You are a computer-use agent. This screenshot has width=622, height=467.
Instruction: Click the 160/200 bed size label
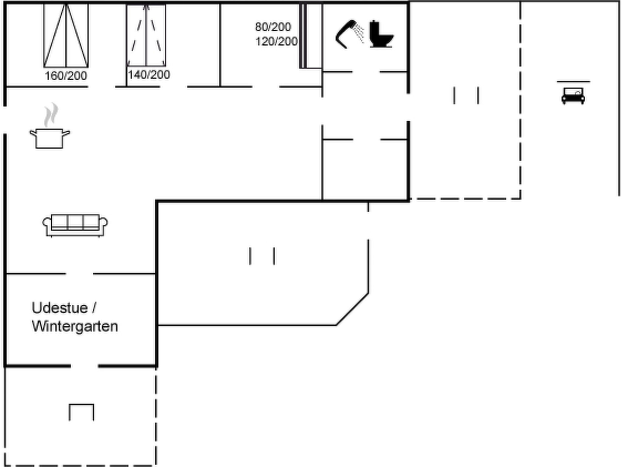[x=66, y=76]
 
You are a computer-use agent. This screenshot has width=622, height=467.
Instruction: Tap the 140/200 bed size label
[x=149, y=74]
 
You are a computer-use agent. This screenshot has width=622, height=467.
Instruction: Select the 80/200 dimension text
[x=273, y=27]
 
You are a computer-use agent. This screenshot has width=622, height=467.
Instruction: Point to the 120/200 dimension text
[x=276, y=41]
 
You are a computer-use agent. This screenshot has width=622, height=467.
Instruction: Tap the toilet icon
[x=381, y=34]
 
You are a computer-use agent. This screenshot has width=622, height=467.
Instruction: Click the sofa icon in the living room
[x=75, y=225]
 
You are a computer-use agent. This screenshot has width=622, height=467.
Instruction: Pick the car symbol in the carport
[x=573, y=96]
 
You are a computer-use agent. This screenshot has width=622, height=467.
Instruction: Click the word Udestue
[x=60, y=308]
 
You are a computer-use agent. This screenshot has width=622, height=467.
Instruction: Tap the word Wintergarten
[x=75, y=327]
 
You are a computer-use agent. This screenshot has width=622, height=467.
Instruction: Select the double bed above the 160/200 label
[x=66, y=36]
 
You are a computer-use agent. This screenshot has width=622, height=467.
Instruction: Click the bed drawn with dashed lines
[x=146, y=35]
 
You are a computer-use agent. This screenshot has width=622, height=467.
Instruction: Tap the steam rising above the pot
[x=51, y=115]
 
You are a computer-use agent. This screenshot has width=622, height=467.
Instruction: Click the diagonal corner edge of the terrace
[x=352, y=309]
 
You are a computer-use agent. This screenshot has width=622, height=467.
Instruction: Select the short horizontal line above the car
[x=573, y=81]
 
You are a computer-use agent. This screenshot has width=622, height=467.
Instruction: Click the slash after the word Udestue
[x=94, y=308]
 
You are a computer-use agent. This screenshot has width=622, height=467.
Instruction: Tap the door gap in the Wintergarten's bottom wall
[x=84, y=366]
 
